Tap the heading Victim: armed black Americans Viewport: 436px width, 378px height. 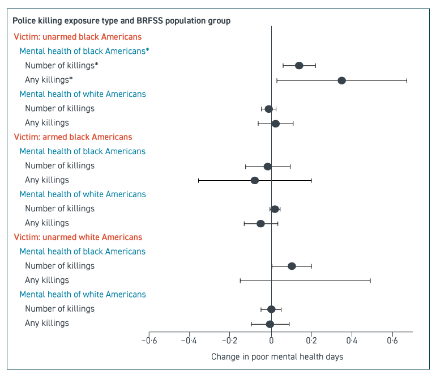72,137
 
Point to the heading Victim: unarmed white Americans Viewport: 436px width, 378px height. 78,237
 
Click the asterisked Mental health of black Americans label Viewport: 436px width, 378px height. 84,51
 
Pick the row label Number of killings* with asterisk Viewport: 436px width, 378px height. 62,65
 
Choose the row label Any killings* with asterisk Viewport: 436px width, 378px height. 49,80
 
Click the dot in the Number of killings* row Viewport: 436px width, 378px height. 299,66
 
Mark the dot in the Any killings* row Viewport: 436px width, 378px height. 341,80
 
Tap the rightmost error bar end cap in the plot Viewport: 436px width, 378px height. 407,80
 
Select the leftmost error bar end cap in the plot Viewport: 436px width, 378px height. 199,180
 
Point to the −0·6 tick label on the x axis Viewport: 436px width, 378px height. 149,341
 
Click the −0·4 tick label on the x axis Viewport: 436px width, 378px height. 189,341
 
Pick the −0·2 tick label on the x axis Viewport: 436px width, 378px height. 230,341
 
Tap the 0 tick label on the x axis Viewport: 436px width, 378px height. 271,341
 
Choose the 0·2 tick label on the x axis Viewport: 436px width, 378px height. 311,341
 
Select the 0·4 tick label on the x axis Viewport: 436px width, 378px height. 352,341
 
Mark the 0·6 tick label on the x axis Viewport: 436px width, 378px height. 392,341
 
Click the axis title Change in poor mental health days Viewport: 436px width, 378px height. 277,357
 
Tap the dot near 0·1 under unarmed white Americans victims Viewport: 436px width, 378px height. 292,266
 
